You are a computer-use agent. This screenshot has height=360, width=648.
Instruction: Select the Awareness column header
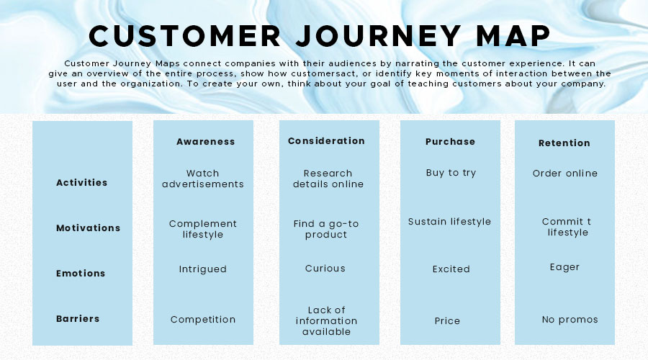coord(206,142)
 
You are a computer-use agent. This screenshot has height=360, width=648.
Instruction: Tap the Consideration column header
coord(326,141)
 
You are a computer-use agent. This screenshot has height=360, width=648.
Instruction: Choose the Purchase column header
coord(450,142)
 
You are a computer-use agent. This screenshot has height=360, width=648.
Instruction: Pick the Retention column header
coord(564,143)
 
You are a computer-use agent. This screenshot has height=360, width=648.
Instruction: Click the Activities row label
coord(82,183)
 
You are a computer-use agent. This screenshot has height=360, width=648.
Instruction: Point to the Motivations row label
coord(89,228)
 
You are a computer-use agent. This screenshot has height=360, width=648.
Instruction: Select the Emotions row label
coord(81,274)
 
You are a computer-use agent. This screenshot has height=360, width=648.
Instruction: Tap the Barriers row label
coord(78,319)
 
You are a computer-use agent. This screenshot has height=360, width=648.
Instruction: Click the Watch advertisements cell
coord(203,179)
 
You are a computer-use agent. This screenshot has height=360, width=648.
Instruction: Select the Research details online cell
coord(328,179)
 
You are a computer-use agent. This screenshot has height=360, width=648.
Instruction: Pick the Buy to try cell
coord(451,173)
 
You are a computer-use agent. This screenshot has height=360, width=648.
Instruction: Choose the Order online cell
coord(565,174)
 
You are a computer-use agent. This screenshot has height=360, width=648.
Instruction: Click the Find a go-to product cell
coord(326,229)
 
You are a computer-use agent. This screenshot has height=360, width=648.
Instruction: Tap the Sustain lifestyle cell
coord(449,222)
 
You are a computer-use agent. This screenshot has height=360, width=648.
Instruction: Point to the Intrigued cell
coord(203,269)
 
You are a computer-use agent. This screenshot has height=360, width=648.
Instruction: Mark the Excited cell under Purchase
coord(451,269)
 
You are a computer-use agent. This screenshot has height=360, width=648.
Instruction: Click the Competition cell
coord(203,320)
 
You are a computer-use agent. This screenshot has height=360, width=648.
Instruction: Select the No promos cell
coord(570,320)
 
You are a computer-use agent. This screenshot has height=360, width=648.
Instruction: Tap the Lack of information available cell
coord(327,321)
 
